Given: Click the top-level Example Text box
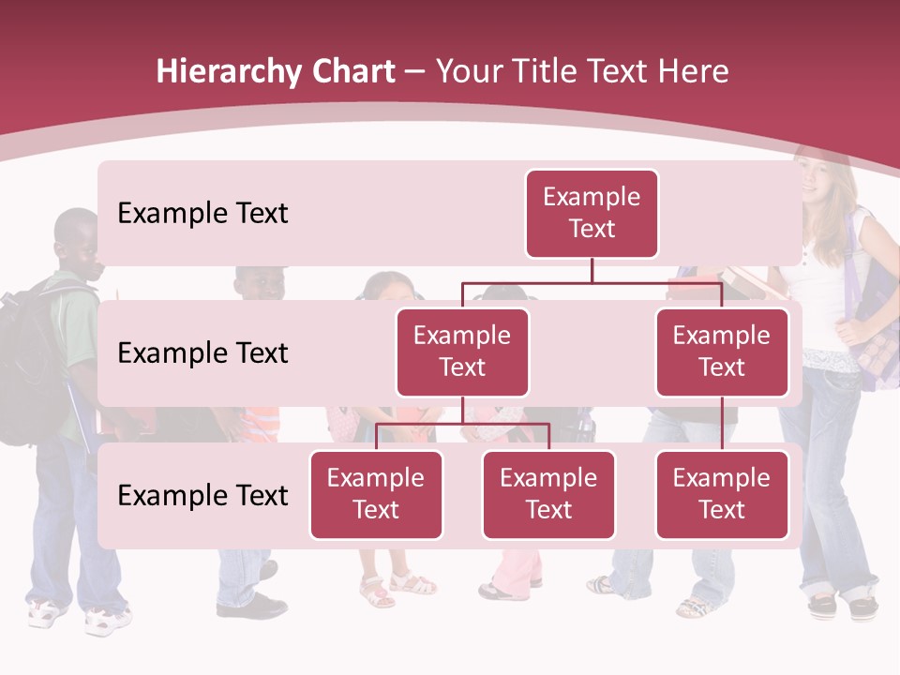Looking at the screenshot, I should pyautogui.click(x=592, y=213).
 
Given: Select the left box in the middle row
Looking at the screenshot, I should pyautogui.click(x=462, y=352).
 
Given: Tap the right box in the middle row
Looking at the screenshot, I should pyautogui.click(x=722, y=352).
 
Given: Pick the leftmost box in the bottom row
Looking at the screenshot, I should pyautogui.click(x=376, y=494).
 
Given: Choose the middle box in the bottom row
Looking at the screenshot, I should pyautogui.click(x=548, y=494).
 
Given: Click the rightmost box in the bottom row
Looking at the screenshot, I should pyautogui.click(x=722, y=494).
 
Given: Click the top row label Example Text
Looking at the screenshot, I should pyautogui.click(x=202, y=213).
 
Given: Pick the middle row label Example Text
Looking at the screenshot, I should pyautogui.click(x=202, y=352).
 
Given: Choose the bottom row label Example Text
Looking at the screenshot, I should pyautogui.click(x=202, y=495).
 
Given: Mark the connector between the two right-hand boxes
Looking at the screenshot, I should pyautogui.click(x=722, y=423).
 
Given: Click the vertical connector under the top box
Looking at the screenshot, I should pyautogui.click(x=592, y=270).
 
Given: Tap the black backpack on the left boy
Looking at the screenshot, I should pyautogui.click(x=28, y=366).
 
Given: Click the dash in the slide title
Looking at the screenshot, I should pyautogui.click(x=415, y=72).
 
